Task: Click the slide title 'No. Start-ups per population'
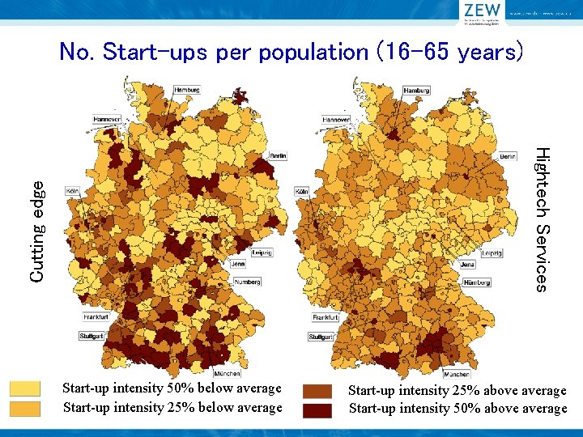point(291,53)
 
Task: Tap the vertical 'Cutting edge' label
point(36,231)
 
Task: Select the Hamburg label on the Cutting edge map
point(188,90)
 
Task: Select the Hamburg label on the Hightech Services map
point(416,90)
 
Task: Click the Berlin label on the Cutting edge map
point(277,155)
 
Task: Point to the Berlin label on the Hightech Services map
point(507,155)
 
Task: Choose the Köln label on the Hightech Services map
point(303,190)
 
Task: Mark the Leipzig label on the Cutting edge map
point(262,252)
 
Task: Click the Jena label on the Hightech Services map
point(467,265)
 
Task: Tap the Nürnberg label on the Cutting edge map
point(247,282)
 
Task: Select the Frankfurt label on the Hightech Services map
point(326,318)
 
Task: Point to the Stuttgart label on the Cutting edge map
point(93,335)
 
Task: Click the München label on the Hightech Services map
point(456,374)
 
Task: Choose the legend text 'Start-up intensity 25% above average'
point(457,391)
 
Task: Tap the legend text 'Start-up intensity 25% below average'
point(172,407)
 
